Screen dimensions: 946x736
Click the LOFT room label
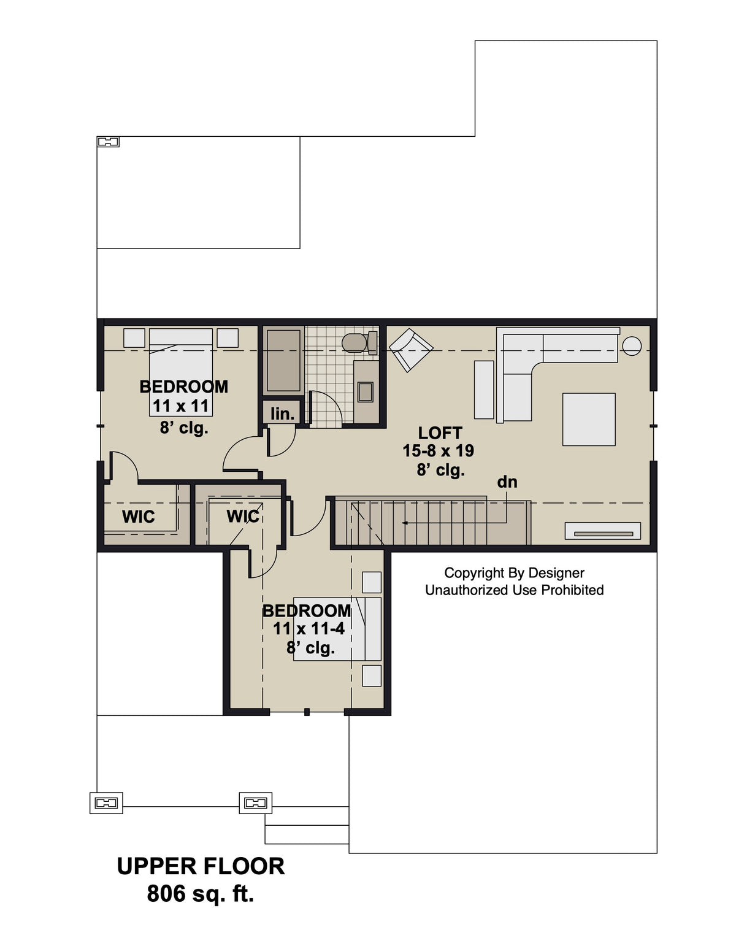click(440, 433)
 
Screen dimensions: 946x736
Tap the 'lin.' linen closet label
click(282, 413)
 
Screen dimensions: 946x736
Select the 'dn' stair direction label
click(507, 482)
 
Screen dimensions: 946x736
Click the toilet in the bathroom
click(355, 342)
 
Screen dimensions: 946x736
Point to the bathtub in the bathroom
click(283, 361)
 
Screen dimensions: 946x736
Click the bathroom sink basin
click(366, 391)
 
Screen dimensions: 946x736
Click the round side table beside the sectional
click(631, 346)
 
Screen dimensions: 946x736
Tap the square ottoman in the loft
click(589, 419)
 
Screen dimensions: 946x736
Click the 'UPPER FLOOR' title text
click(201, 866)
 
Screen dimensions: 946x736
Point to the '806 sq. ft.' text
click(201, 894)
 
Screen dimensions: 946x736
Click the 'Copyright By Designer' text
click(514, 573)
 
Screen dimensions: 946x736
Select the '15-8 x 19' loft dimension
click(438, 451)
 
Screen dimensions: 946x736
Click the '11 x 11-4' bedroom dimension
click(309, 629)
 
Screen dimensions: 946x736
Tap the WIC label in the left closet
click(138, 517)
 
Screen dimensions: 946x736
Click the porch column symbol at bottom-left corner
click(106, 802)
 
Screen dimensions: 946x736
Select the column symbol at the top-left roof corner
click(108, 142)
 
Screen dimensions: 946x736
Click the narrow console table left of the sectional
click(484, 390)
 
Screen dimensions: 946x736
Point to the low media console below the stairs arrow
click(602, 531)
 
